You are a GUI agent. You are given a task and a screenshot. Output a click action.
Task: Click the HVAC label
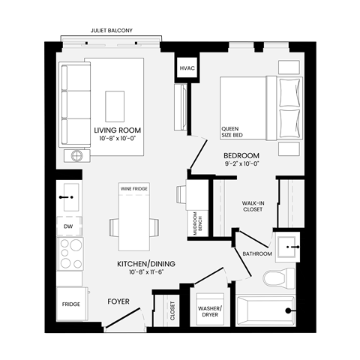pos(187,68)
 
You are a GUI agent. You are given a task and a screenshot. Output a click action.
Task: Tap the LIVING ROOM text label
pos(118,130)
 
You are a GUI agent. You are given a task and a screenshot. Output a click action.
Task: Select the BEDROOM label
pos(241,155)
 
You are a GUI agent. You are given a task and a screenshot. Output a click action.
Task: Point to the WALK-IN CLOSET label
pos(252,206)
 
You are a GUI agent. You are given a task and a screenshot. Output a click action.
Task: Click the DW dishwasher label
pos(68,225)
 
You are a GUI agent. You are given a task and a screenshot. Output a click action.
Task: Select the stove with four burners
pos(70,254)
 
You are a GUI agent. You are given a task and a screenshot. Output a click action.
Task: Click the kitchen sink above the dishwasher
pos(70,197)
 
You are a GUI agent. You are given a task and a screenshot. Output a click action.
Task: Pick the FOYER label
pos(118,301)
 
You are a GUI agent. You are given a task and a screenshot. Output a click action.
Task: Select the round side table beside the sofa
pos(78,156)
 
